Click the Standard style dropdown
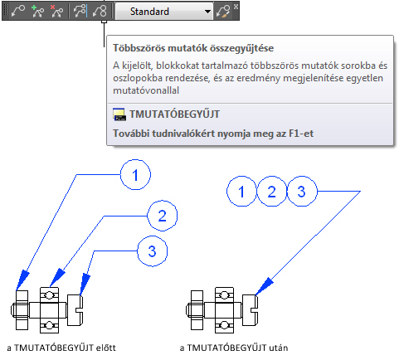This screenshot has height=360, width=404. [164, 12]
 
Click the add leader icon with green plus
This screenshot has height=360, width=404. [37, 12]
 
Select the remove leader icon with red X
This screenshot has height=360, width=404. [56, 12]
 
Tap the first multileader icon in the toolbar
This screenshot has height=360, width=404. [18, 12]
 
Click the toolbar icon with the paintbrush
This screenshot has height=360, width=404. [223, 12]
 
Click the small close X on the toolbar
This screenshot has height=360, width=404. [236, 7]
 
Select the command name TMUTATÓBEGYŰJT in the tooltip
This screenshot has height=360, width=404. [174, 114]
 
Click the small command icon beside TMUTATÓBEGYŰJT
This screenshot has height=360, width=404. [119, 114]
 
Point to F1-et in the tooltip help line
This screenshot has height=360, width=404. [301, 134]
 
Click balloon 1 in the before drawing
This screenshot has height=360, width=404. [135, 174]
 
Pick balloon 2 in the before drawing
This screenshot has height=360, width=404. [162, 216]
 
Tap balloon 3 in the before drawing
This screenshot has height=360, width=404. [152, 251]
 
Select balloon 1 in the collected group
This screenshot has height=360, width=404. [241, 191]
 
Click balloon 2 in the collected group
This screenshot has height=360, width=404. [272, 191]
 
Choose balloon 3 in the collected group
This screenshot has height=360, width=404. [302, 191]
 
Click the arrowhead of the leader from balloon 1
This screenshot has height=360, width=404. [22, 280]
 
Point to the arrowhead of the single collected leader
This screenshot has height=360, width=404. [264, 286]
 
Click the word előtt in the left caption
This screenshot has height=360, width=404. [105, 348]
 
